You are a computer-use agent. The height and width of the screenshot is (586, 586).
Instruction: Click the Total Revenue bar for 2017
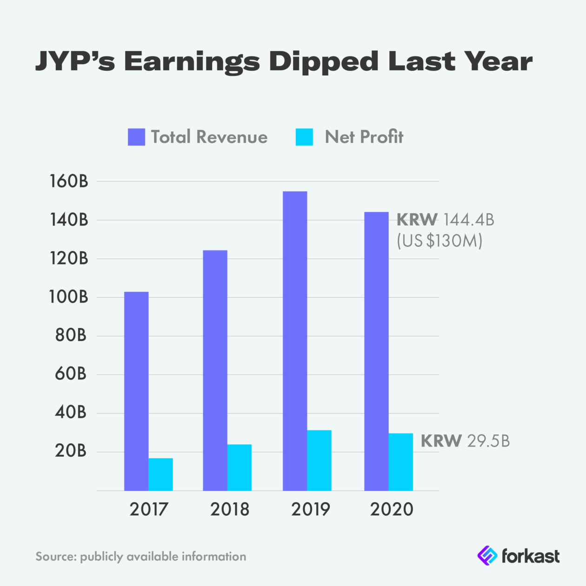tap(136, 391)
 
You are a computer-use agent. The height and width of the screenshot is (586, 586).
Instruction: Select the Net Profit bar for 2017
tap(160, 474)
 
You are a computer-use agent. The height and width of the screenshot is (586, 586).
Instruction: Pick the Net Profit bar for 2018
tap(240, 467)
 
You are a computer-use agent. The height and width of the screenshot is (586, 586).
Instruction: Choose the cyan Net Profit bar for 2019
tap(319, 460)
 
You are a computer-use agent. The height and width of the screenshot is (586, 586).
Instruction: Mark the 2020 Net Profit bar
tap(400, 462)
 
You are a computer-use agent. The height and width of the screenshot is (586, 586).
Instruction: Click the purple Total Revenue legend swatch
tap(136, 137)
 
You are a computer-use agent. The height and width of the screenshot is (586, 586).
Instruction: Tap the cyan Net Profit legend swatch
tap(304, 137)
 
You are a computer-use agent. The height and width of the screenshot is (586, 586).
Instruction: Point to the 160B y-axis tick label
tap(69, 181)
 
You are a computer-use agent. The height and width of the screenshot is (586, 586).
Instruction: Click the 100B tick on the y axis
tap(69, 297)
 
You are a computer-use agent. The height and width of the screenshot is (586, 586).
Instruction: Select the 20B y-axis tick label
tap(71, 451)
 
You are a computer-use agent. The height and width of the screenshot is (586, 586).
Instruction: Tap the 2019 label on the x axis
tap(310, 509)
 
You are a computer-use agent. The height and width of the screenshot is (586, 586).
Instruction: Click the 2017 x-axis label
tap(148, 509)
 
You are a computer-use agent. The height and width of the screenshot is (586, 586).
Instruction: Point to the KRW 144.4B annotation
tap(445, 219)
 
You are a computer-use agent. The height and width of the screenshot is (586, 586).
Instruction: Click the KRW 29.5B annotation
tap(465, 441)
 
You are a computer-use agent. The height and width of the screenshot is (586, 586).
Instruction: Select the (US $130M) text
tap(439, 241)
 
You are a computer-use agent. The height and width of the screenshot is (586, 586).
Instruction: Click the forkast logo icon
tap(487, 556)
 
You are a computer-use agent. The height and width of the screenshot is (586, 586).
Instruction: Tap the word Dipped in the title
tap(324, 62)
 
